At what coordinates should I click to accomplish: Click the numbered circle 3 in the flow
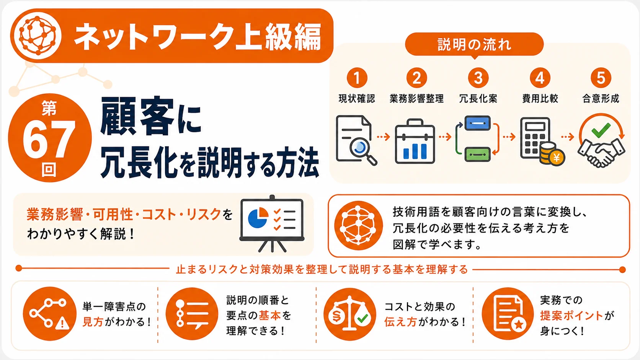[478, 78]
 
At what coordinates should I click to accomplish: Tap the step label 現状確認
[357, 98]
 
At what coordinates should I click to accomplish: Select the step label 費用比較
[540, 98]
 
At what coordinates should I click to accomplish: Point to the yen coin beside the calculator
[556, 157]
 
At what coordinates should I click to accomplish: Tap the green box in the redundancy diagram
[477, 155]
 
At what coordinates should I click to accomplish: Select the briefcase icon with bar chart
[415, 141]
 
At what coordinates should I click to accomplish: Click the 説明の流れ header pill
[474, 44]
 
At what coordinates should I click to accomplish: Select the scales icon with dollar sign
[350, 314]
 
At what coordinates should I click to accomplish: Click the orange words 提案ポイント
[572, 316]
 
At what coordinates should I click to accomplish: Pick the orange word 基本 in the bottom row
[269, 316]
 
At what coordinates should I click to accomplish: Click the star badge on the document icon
[519, 324]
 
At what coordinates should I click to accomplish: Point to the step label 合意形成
[601, 98]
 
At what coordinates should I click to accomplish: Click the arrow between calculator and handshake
[568, 137]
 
